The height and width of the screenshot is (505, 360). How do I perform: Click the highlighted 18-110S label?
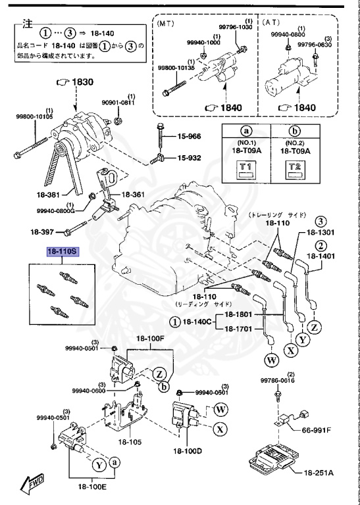click(x=63, y=252)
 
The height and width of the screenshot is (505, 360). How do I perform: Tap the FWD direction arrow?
click(x=32, y=483)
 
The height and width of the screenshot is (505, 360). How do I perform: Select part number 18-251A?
click(x=319, y=473)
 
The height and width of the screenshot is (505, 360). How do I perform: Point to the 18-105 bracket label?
click(x=130, y=443)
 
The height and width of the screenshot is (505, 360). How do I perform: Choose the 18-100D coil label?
click(x=187, y=451)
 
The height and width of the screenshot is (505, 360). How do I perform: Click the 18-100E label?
click(x=92, y=487)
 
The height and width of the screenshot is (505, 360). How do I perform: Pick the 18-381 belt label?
click(x=46, y=195)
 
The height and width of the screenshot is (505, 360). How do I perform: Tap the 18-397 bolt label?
click(x=41, y=231)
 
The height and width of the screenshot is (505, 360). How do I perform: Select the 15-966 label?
click(x=189, y=137)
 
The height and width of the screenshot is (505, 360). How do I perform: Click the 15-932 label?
click(x=189, y=158)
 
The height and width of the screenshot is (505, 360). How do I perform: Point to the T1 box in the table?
click(x=246, y=170)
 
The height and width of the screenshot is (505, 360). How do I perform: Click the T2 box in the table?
click(x=296, y=170)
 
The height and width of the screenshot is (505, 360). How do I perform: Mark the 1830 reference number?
click(x=82, y=82)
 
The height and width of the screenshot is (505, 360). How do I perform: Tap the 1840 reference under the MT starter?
click(x=232, y=108)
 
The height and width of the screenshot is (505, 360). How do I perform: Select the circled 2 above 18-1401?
click(x=321, y=247)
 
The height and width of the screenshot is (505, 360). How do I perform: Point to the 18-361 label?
click(x=133, y=195)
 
